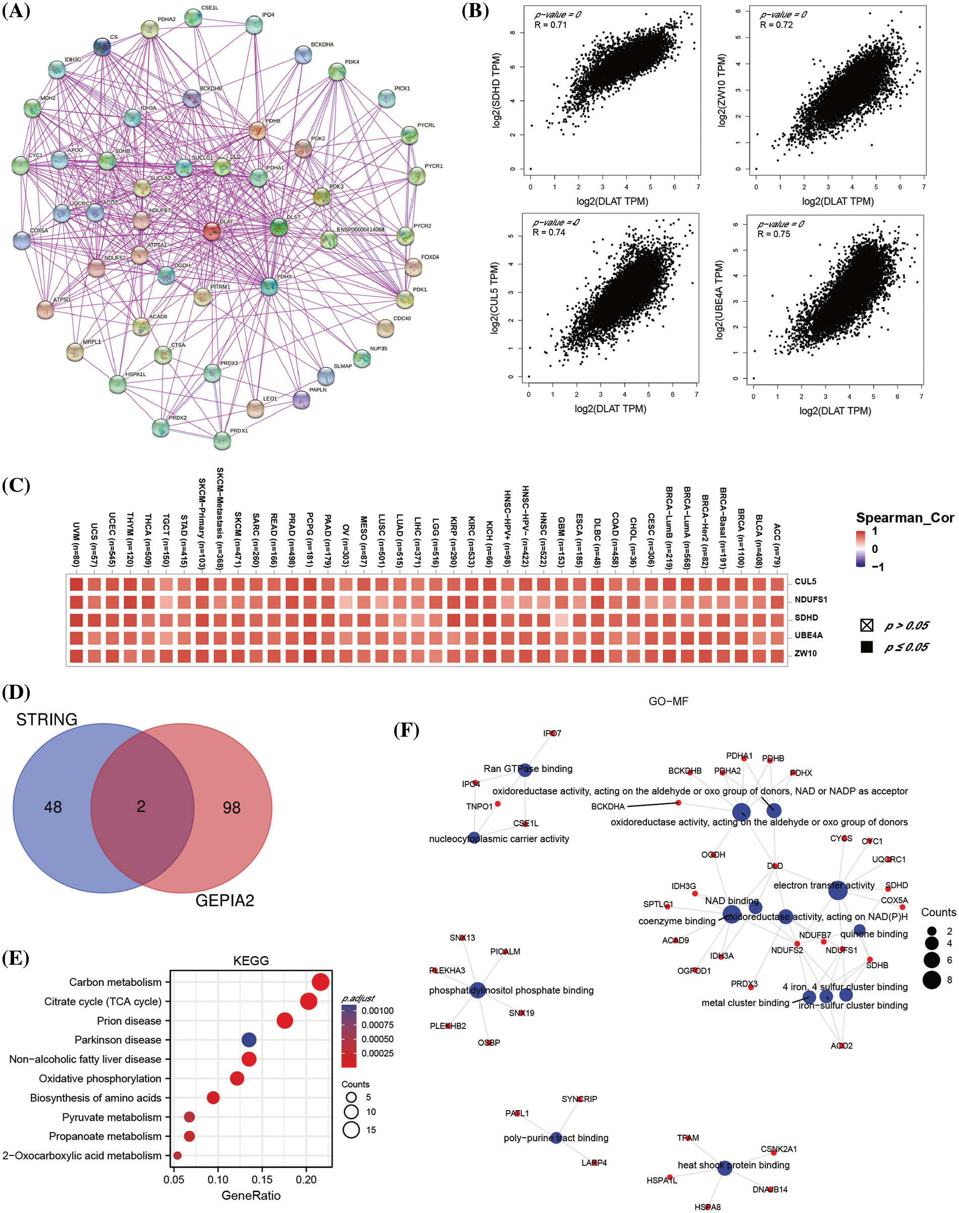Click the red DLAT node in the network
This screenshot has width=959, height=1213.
click(211, 231)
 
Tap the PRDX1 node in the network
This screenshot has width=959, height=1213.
click(223, 440)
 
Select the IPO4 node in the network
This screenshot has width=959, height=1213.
click(254, 24)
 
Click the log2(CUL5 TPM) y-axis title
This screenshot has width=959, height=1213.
click(495, 298)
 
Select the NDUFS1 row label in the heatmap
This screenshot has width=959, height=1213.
click(810, 599)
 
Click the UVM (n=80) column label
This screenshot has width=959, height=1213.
click(76, 544)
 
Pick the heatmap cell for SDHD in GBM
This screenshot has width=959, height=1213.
click(561, 620)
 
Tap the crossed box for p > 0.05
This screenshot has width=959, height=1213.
click(866, 625)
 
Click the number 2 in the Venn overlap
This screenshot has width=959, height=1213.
click(141, 807)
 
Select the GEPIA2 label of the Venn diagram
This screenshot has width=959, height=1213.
click(225, 900)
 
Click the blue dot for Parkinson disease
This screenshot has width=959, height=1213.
click(249, 1039)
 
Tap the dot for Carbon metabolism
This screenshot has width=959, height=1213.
click(321, 982)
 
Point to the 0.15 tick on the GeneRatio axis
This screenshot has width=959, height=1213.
click(262, 1179)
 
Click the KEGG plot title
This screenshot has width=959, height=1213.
click(251, 960)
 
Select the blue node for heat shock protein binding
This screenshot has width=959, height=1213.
click(724, 1168)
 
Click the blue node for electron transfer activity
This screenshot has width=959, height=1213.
click(838, 890)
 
